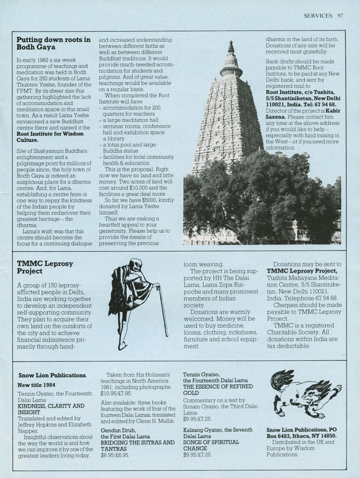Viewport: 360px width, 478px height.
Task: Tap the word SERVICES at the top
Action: point(318,15)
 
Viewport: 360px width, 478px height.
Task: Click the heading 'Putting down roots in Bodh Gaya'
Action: point(53,43)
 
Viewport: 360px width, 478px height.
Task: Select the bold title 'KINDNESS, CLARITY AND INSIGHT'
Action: point(51,409)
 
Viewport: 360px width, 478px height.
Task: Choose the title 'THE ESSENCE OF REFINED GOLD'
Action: point(218,390)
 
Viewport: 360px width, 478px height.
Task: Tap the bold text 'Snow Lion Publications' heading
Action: point(52,375)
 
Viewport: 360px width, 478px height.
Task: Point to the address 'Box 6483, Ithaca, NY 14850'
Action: point(302,435)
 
